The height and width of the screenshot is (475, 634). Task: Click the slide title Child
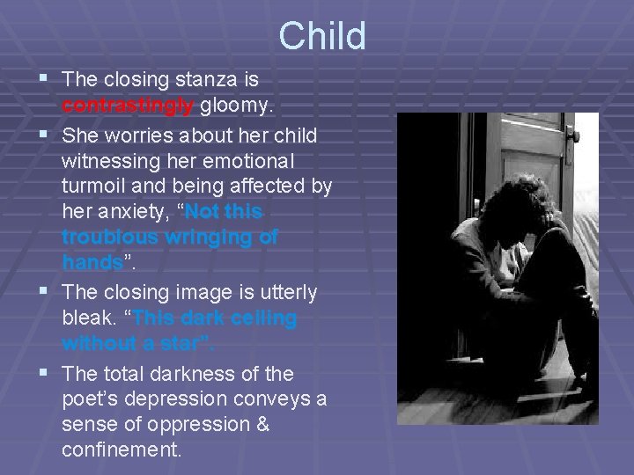click(321, 37)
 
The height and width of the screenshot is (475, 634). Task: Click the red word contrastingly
click(128, 106)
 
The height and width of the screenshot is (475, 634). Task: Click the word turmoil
click(97, 187)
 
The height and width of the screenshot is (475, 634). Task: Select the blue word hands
click(92, 262)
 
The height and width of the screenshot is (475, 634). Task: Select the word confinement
click(122, 450)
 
